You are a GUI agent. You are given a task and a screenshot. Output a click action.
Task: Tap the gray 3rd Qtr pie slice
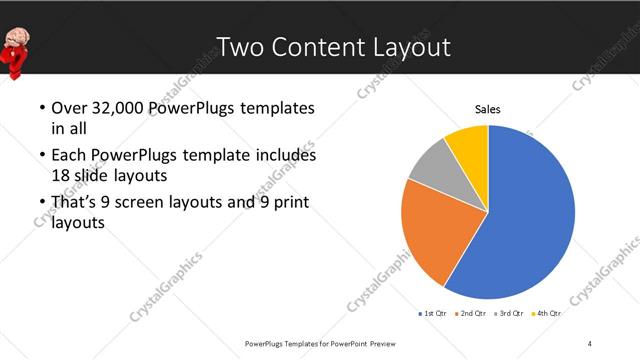pos(432,165)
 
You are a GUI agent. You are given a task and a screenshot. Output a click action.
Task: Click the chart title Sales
pos(487,109)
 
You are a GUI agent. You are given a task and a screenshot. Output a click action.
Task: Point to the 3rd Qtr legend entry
pos(510,314)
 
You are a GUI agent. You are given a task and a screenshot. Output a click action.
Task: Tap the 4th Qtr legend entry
pos(547,314)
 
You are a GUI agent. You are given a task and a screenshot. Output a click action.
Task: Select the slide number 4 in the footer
pos(590,343)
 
